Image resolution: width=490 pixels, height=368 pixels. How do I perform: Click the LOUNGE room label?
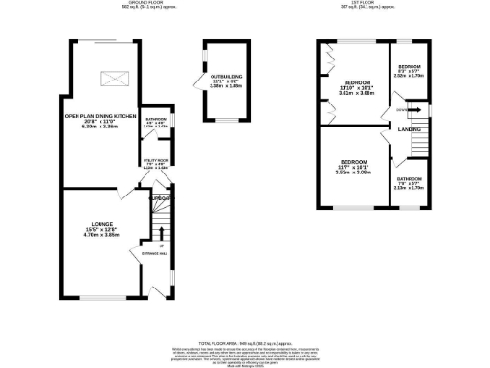tap(91, 222)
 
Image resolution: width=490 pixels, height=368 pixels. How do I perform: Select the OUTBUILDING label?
tap(226, 75)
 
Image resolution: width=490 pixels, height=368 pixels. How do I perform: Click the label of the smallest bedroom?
tap(410, 67)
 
